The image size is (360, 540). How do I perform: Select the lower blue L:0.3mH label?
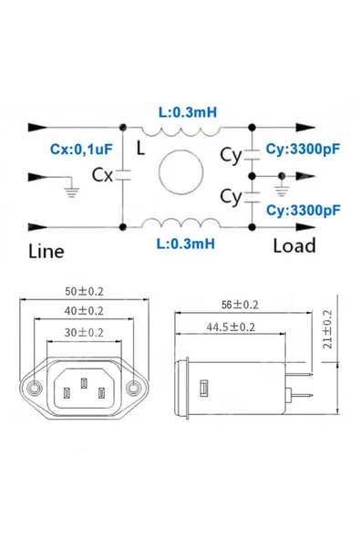click(186, 244)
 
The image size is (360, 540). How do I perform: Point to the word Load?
click(293, 245)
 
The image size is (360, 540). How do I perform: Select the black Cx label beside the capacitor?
click(102, 176)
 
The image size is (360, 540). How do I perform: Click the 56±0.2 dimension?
click(241, 305)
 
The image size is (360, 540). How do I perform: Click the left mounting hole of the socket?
click(36, 389)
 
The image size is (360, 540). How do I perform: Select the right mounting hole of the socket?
click(134, 389)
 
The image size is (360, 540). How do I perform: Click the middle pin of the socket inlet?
click(84, 384)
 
